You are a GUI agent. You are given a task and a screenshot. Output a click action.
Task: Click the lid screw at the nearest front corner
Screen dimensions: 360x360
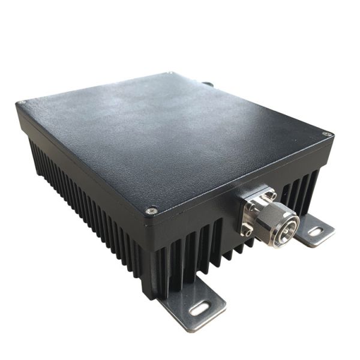(x=152, y=211)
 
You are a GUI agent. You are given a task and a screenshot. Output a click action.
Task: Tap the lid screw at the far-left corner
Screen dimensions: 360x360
(x=22, y=103)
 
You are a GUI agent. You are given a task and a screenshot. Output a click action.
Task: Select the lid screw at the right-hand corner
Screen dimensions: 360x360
(x=326, y=134)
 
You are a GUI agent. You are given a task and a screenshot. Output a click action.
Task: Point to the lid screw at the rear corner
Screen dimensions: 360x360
(x=172, y=73)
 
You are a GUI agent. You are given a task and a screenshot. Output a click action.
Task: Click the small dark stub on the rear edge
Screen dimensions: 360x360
(x=208, y=84)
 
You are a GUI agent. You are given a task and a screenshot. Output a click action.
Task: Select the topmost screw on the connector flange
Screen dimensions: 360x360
(x=272, y=195)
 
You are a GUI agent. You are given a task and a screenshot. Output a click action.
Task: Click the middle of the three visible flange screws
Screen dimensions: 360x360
(x=251, y=206)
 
